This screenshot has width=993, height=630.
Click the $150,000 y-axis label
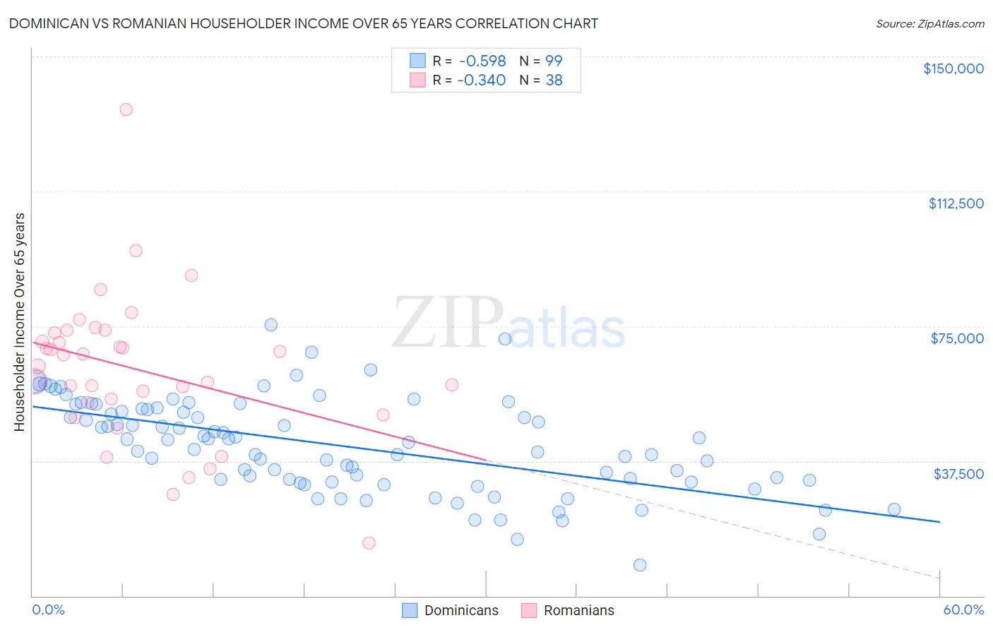[x=953, y=69]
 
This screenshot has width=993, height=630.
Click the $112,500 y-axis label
[x=956, y=203]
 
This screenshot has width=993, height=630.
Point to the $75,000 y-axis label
[x=957, y=338]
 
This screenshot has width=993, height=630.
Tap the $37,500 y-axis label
[x=958, y=474]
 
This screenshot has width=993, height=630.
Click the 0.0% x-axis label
[x=48, y=610]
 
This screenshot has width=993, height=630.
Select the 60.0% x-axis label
[x=963, y=610]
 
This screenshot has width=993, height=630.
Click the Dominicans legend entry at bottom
[x=460, y=610]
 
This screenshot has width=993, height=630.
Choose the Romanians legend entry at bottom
[x=578, y=610]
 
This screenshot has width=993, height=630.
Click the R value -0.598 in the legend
[x=482, y=61]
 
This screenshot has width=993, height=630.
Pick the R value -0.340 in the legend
[x=482, y=81]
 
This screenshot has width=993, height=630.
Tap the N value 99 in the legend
[x=554, y=61]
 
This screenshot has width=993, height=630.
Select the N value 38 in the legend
[x=554, y=81]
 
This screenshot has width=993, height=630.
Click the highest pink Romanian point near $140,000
[x=126, y=109]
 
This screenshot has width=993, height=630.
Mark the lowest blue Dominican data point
[x=640, y=565]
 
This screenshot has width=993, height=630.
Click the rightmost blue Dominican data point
[x=894, y=509]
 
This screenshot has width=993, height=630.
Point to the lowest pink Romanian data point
[x=369, y=543]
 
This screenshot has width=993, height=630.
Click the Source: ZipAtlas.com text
[x=929, y=24]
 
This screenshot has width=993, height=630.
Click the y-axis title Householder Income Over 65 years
[x=20, y=321]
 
